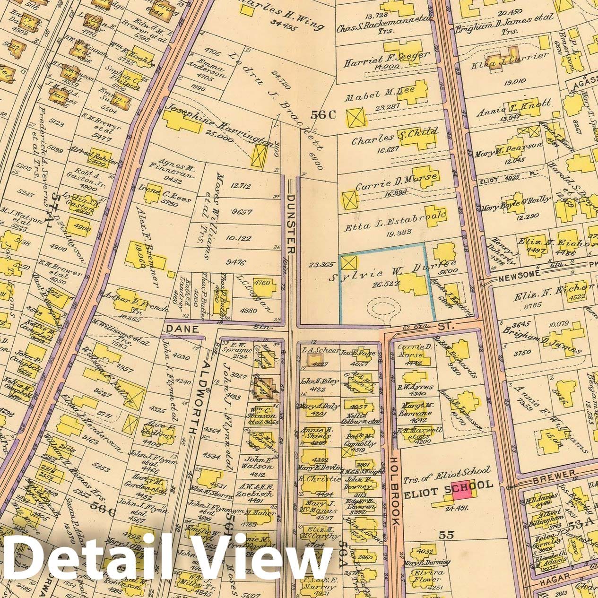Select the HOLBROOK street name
[395, 491]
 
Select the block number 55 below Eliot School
[446, 535]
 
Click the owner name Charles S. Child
[394, 137]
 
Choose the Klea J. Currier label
[510, 59]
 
